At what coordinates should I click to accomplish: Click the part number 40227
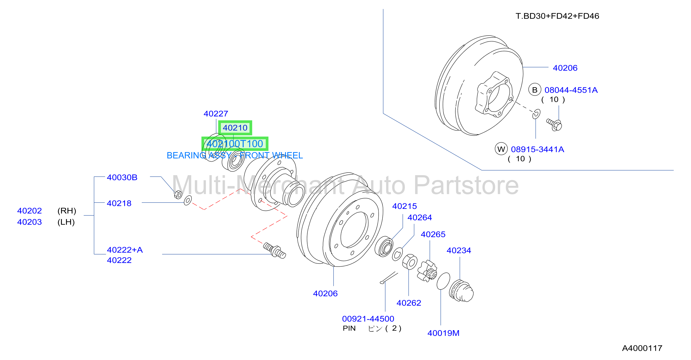216,114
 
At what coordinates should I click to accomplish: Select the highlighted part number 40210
235,128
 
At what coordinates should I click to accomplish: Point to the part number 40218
119,203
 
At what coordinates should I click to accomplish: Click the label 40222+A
125,250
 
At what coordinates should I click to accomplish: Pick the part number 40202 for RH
30,211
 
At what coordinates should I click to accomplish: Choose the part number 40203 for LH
30,222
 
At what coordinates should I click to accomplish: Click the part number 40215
405,206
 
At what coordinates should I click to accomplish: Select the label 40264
420,217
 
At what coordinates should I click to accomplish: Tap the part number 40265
433,234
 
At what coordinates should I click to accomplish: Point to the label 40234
459,250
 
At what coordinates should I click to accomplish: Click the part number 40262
409,303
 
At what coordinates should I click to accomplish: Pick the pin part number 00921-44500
368,319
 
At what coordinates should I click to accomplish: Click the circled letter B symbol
535,90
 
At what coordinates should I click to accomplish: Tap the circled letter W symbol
501,149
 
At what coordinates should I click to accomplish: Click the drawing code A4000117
642,348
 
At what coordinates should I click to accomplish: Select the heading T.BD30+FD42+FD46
557,16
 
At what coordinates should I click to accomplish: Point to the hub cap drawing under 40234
461,291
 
